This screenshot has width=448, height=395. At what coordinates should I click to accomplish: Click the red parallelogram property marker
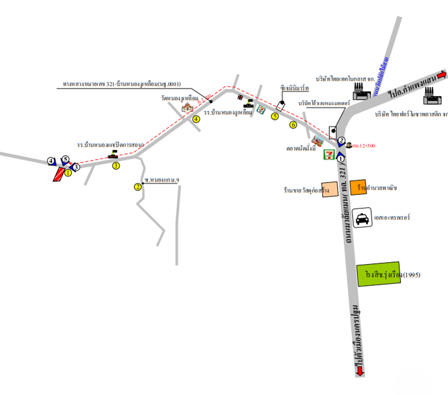(58, 174)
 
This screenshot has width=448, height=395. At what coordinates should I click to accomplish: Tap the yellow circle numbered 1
(68, 173)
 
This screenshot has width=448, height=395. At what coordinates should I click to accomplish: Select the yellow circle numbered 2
(138, 186)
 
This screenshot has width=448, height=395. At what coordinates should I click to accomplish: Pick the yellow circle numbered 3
(116, 165)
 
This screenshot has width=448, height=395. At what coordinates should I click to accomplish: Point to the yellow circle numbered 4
(196, 119)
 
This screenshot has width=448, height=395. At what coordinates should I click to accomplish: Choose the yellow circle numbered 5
(275, 116)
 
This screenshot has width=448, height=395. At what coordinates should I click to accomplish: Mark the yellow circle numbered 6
(293, 124)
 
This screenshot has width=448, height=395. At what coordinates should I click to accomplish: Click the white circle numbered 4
(51, 161)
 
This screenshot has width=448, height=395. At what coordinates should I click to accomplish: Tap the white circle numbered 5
(65, 159)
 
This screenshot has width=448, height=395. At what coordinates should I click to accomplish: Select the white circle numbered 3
(76, 167)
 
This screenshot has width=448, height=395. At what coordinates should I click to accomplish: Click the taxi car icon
(362, 218)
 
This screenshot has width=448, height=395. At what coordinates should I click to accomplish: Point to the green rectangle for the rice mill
(379, 275)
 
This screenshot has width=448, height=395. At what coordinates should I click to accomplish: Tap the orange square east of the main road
(357, 187)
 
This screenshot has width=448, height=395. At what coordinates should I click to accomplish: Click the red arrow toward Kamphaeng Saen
(441, 74)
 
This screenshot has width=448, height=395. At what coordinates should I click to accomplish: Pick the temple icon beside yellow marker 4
(188, 107)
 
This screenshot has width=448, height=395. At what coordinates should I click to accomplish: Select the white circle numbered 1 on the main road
(341, 158)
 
